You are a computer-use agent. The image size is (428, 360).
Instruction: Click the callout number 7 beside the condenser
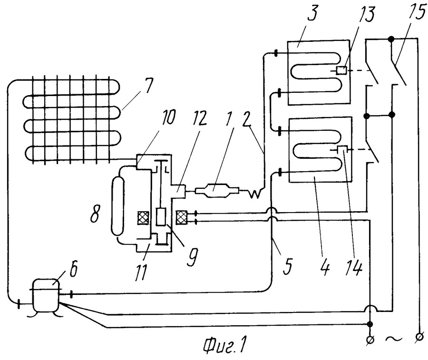(148, 85)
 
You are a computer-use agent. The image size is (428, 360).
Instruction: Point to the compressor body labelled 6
(46, 296)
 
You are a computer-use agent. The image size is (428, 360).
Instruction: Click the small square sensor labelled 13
(341, 71)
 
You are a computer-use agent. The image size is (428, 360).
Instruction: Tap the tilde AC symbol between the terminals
(394, 339)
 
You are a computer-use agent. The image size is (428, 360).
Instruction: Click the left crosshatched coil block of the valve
(143, 218)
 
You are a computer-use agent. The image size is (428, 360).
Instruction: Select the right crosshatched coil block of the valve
(182, 218)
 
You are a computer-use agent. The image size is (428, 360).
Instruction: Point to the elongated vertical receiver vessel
(117, 205)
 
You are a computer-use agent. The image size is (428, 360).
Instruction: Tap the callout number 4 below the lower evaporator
(325, 266)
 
